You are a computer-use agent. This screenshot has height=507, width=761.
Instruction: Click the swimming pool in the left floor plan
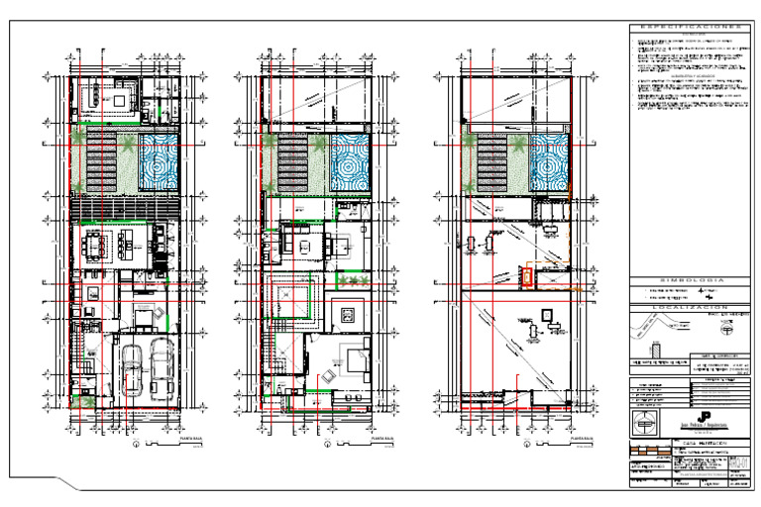coord(159,162)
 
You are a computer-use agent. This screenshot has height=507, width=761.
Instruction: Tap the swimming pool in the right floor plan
coord(551,162)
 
